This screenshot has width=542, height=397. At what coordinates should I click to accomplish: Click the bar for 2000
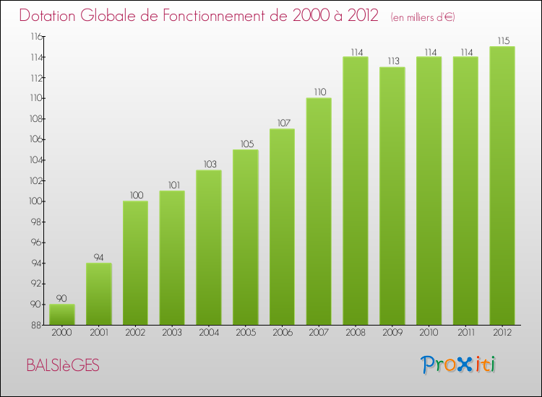pyautogui.click(x=61, y=314)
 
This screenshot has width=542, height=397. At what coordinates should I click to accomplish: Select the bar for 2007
pyautogui.click(x=319, y=211)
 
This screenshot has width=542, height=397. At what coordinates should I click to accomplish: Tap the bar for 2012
pyautogui.click(x=502, y=186)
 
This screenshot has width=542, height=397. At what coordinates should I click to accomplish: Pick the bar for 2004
pyautogui.click(x=208, y=247)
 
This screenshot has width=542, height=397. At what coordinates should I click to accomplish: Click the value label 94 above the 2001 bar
pyautogui.click(x=98, y=258)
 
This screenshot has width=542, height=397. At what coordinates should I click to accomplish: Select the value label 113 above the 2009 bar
pyautogui.click(x=392, y=61)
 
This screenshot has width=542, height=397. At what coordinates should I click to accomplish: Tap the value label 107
pyautogui.click(x=282, y=123)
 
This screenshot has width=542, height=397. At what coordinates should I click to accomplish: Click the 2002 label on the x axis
pyautogui.click(x=135, y=332)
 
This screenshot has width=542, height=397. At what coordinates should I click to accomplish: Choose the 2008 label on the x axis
pyautogui.click(x=356, y=332)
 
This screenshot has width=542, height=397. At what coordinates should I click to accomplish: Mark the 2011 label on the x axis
pyautogui.click(x=465, y=332)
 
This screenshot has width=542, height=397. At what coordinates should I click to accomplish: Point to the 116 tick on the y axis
pyautogui.click(x=35, y=37)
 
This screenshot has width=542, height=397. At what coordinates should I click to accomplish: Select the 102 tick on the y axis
pyautogui.click(x=35, y=181)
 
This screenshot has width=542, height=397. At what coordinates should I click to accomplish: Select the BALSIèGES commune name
pyautogui.click(x=63, y=366)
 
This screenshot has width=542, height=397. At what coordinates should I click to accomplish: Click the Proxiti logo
pyautogui.click(x=459, y=365)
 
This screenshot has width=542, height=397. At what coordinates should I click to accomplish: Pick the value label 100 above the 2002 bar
pyautogui.click(x=135, y=196)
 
